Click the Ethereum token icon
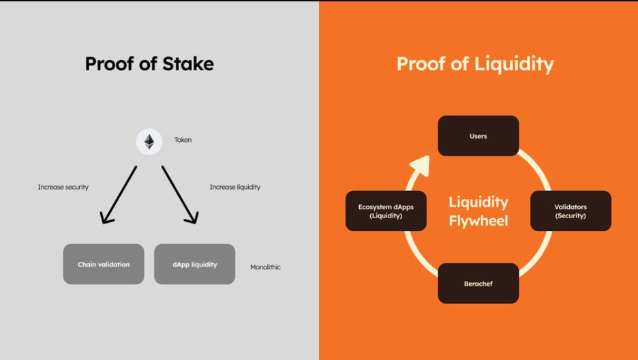pyautogui.click(x=149, y=142)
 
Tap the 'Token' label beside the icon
pyautogui.click(x=183, y=140)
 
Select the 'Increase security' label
pyautogui.click(x=63, y=187)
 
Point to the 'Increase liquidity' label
pyautogui.click(x=234, y=187)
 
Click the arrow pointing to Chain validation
pyautogui.click(x=118, y=196)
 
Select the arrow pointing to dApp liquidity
pyautogui.click(x=180, y=196)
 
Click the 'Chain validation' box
pyautogui.click(x=104, y=264)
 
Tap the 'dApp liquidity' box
pyautogui.click(x=194, y=264)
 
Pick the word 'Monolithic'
pyautogui.click(x=265, y=267)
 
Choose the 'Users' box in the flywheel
pyautogui.click(x=478, y=136)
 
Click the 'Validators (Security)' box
pyautogui.click(x=571, y=211)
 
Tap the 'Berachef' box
pyautogui.click(x=478, y=283)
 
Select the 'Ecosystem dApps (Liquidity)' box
pyautogui.click(x=386, y=211)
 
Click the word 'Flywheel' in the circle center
pyautogui.click(x=478, y=221)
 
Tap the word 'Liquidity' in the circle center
pyautogui.click(x=478, y=202)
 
